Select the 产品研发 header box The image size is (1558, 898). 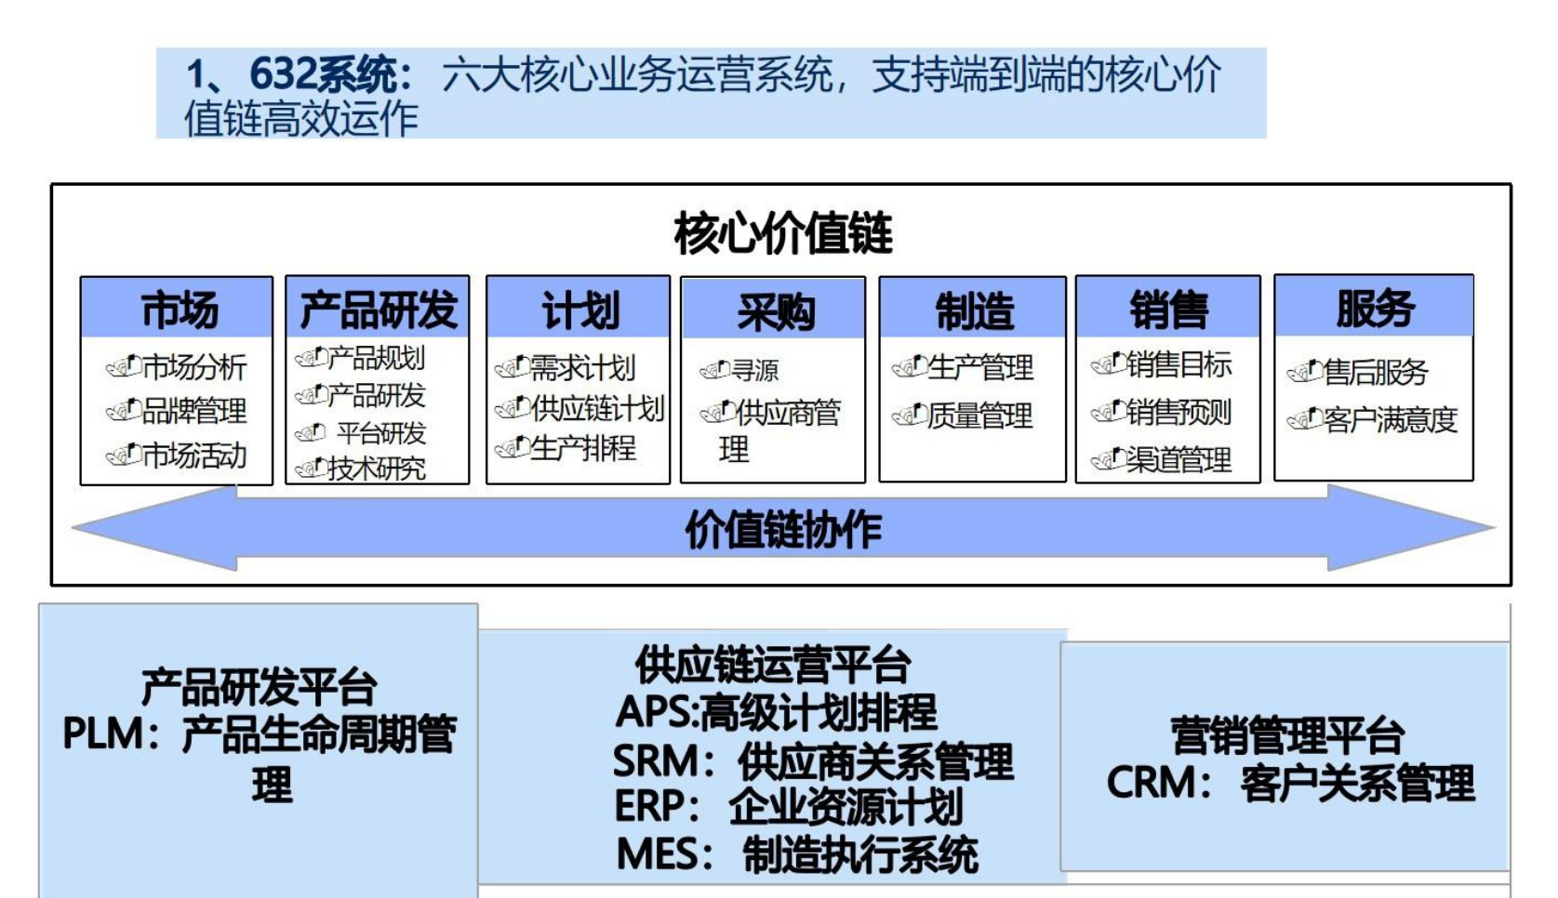378,309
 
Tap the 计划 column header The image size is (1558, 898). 579,309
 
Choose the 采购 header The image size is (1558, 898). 774,310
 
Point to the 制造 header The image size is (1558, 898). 973,310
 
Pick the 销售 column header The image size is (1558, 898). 1168,309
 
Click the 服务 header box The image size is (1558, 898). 1374,308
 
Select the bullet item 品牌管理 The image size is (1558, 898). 193,410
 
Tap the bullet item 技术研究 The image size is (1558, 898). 376,469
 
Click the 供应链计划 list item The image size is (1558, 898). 596,408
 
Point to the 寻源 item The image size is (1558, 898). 754,370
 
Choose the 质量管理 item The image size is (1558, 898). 979,415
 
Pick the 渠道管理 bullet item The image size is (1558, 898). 1178,458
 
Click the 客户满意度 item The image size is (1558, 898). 1390,419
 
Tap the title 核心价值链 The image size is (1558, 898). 782,233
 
